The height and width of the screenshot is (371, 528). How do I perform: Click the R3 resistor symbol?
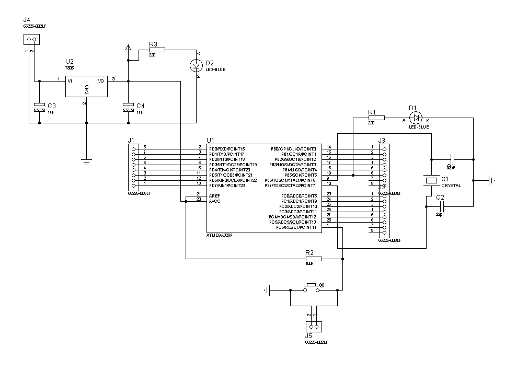(x=156, y=50)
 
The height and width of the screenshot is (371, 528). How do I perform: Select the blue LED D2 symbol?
(x=197, y=65)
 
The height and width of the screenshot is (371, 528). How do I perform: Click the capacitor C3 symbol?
(x=39, y=108)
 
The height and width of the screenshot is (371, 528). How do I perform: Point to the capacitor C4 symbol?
(x=128, y=108)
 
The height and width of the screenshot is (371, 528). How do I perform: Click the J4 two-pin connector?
(x=32, y=40)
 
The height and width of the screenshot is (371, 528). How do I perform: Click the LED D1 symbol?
(x=416, y=117)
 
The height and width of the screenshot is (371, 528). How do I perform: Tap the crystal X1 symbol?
(x=431, y=180)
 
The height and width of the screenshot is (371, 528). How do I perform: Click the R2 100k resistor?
(x=313, y=259)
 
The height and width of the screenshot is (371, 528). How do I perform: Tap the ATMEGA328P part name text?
(x=220, y=236)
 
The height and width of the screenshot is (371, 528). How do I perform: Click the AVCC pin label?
(x=214, y=201)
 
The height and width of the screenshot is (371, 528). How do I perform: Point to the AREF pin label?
(x=214, y=195)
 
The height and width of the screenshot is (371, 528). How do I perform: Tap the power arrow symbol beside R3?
(x=128, y=48)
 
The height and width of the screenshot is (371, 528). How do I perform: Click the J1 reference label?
(x=131, y=140)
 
